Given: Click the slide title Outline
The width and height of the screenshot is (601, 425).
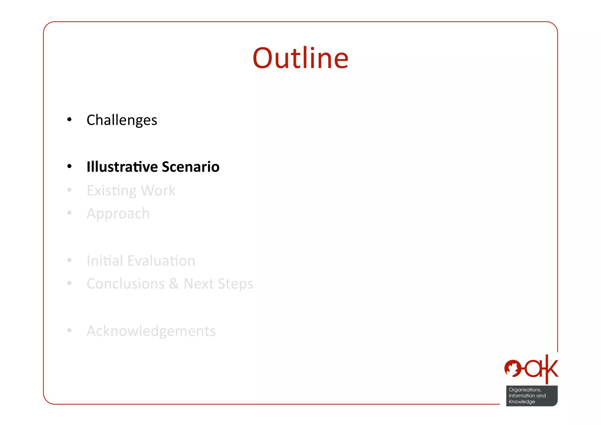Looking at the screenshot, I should point(300,58).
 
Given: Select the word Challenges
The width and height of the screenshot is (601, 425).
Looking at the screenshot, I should point(122,120).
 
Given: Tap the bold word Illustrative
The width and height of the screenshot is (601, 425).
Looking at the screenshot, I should point(122,167).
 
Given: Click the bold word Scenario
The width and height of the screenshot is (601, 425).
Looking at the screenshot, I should point(190,167).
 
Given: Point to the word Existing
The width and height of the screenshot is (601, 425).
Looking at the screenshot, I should point(112,191).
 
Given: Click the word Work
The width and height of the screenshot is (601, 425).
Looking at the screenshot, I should point(158,190).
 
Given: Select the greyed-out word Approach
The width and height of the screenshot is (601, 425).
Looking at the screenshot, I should point(118,214).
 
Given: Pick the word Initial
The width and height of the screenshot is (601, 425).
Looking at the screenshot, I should point(104,261).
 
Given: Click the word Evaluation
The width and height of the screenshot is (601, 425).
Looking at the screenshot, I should point(161,261).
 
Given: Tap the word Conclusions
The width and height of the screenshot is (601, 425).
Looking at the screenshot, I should point(126,284).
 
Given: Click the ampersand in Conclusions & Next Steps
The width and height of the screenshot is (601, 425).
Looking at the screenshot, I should point(174,284).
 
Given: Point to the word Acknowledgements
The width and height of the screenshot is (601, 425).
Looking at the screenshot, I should point(151,331).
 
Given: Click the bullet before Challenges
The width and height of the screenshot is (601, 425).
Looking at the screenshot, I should point(69,120).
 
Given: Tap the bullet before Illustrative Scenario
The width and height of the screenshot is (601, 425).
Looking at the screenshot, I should point(69,167).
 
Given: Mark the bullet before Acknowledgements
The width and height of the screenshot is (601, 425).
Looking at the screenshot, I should point(69,331).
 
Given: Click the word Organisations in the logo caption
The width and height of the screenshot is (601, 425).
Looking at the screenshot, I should point(525,390).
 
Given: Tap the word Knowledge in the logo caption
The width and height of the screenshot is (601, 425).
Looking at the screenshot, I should point(522,402).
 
